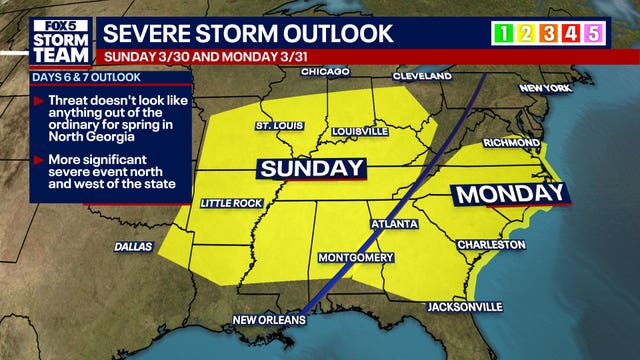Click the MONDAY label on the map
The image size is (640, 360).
click(x=510, y=194)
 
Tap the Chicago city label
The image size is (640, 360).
click(x=325, y=72)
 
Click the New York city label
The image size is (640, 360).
click(x=546, y=89)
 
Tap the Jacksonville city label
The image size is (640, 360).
click(x=464, y=306)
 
